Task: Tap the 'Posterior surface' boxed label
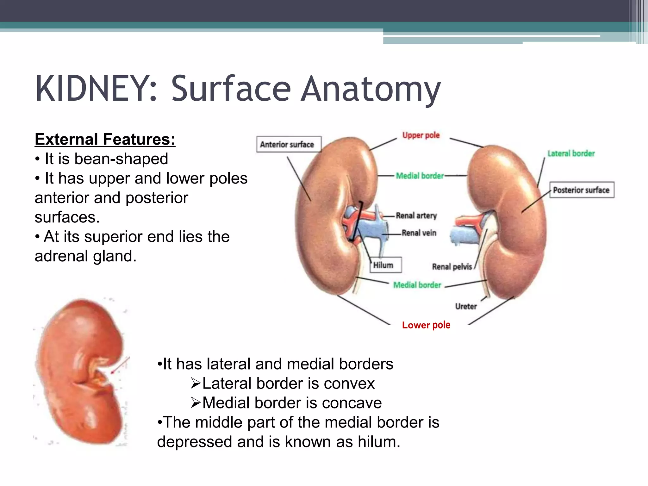582,190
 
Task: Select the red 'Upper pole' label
421,135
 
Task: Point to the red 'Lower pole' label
426,325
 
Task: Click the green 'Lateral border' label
571,153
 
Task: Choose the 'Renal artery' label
416,215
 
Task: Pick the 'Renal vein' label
419,233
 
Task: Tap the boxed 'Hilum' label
383,265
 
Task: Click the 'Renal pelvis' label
452,267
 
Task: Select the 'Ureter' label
466,306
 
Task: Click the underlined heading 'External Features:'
105,139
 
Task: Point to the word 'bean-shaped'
121,159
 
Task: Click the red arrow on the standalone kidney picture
120,365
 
